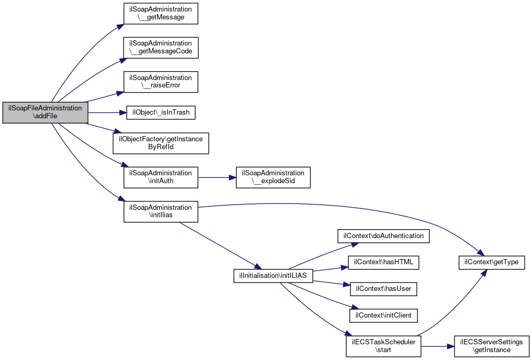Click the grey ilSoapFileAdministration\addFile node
coord(45,112)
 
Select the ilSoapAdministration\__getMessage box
coord(161,14)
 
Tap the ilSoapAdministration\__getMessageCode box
coord(161,48)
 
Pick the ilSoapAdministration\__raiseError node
coord(161,82)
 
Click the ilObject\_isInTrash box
coord(161,113)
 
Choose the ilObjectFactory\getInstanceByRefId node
coord(161,143)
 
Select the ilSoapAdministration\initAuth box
coord(161,177)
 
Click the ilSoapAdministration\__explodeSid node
coord(273,177)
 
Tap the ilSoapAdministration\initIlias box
coord(161,212)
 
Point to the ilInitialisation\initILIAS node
coord(273,276)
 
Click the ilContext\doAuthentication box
coord(383,236)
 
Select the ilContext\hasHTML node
coord(383,263)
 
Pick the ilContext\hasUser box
coord(383,289)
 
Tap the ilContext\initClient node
coord(383,316)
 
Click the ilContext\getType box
coord(492,263)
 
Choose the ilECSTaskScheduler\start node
coord(383,346)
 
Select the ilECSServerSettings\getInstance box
coord(492,346)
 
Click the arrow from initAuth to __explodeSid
coord(217,177)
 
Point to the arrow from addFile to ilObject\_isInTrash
coord(107,113)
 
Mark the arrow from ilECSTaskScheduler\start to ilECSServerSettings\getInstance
coord(438,346)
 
